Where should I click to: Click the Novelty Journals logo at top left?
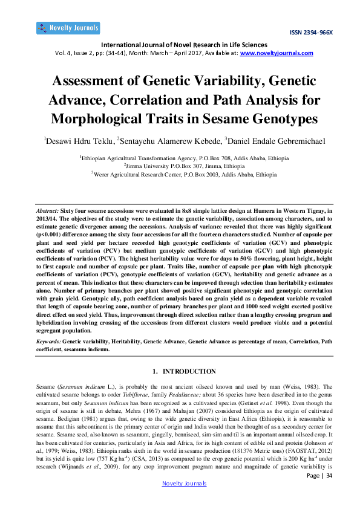click(x=68, y=28)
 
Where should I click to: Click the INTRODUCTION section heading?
click(x=184, y=371)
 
